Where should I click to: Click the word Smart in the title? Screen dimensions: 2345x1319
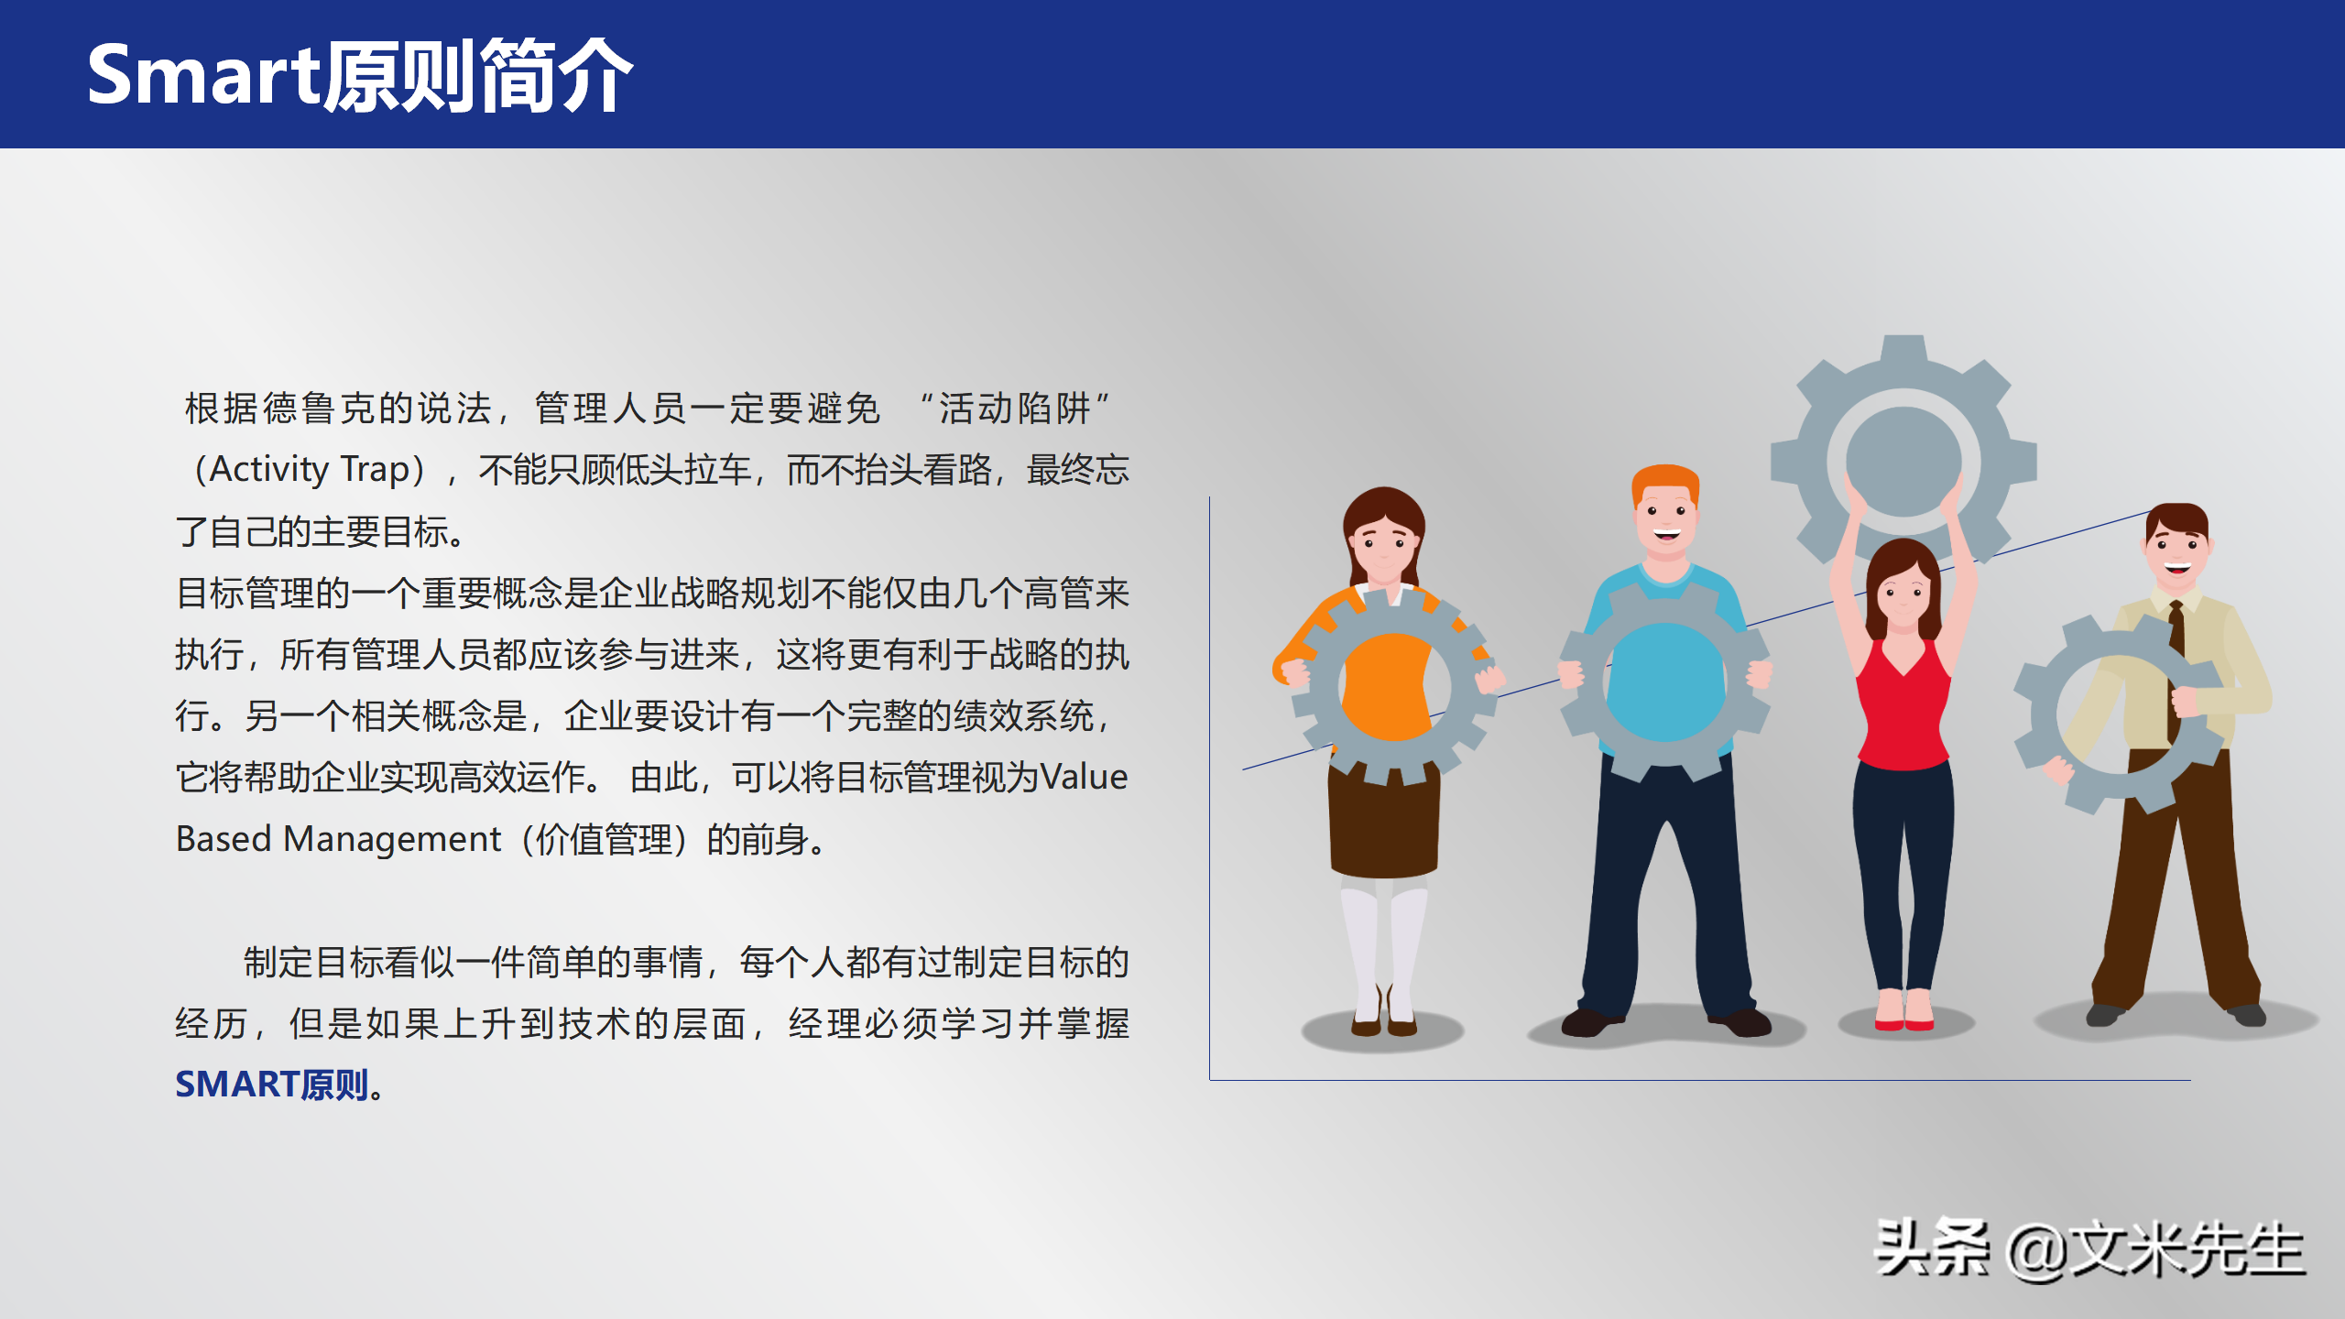point(202,75)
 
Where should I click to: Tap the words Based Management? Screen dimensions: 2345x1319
point(338,839)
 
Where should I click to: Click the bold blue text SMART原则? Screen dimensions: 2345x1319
point(272,1085)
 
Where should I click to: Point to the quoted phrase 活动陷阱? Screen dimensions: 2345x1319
point(1015,409)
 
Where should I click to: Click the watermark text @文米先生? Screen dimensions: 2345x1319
point(2154,1249)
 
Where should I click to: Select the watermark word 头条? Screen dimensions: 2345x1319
point(1932,1248)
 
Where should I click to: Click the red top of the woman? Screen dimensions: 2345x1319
point(1903,705)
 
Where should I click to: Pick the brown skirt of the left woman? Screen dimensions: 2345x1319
point(1384,821)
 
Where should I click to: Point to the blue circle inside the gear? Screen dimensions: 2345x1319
point(1665,681)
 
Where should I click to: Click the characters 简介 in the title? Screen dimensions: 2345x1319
point(556,76)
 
